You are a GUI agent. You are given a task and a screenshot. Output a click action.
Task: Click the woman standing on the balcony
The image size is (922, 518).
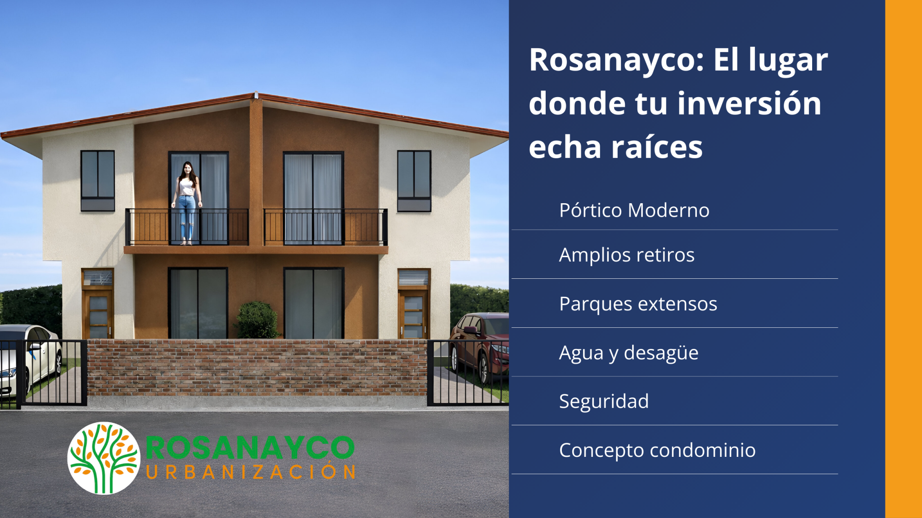point(186,203)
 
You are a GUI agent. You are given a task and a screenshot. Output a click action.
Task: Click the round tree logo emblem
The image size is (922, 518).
point(104,458)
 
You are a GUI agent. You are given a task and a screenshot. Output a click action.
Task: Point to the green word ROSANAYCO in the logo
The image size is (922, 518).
point(250,447)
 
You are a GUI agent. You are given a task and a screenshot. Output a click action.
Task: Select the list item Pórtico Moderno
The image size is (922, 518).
point(634,210)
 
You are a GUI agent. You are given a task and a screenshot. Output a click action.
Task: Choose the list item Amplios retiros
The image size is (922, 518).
point(627,255)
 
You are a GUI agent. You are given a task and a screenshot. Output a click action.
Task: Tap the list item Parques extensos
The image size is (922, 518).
point(638,304)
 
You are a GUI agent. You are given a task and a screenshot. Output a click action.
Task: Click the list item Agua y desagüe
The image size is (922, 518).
point(628,353)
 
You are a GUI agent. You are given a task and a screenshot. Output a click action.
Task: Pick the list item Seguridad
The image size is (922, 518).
point(604,401)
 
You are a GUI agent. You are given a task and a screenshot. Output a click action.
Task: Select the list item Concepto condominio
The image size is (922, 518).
point(657,450)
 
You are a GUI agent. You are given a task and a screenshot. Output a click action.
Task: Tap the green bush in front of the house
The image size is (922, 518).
point(257,320)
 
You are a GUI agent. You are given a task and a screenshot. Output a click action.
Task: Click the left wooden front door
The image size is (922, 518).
point(97,314)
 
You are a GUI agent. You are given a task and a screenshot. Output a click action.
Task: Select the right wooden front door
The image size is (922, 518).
point(413,314)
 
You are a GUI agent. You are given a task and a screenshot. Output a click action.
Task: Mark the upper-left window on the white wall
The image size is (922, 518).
point(98,181)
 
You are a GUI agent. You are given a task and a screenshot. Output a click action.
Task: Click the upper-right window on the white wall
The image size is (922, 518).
point(414,181)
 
